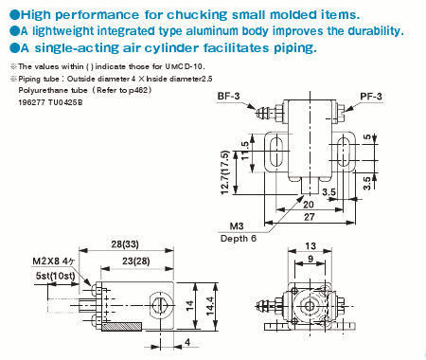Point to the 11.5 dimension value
click(x=246, y=152)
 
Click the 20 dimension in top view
click(x=309, y=203)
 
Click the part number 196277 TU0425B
click(x=51, y=101)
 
